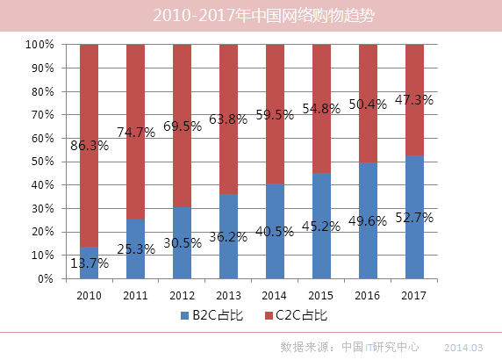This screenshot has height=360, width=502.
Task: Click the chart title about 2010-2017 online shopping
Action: [x=250, y=16]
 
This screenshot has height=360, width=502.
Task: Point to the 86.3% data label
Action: [x=89, y=146]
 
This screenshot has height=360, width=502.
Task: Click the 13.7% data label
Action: [x=89, y=263]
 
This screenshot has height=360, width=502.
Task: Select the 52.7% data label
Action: [x=414, y=216]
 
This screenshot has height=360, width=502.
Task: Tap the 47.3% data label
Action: [x=414, y=100]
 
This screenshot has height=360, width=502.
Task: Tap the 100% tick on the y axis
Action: [x=40, y=44]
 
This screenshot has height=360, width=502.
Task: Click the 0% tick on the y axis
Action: [x=46, y=279]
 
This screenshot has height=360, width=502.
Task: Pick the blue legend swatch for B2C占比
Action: [x=185, y=314]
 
